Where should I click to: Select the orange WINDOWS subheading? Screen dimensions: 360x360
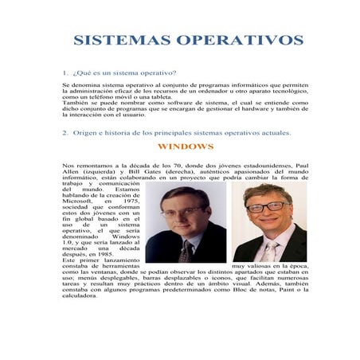(x=186, y=147)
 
